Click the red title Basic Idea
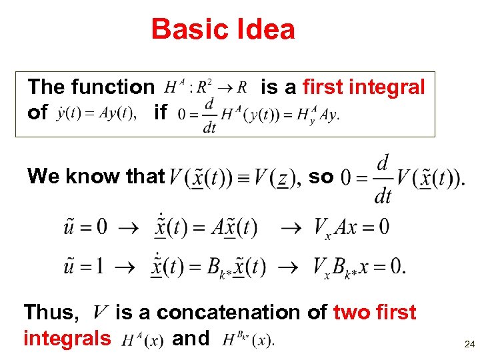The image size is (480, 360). coord(223,30)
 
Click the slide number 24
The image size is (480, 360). coord(469,345)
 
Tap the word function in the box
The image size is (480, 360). coord(112,87)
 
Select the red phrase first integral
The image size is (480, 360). coord(363,87)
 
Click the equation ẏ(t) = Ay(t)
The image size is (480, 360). coord(97,112)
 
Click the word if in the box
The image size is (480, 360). coord(160,112)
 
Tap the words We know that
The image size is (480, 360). coord(95,176)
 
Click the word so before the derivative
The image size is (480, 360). coord(321,176)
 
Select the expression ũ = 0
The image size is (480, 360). coord(85,227)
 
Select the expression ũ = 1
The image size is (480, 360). coord(85,267)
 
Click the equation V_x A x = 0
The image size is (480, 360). coord(351,227)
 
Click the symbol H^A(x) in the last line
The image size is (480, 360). coord(141,340)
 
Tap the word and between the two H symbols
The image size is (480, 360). coord(191,339)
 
